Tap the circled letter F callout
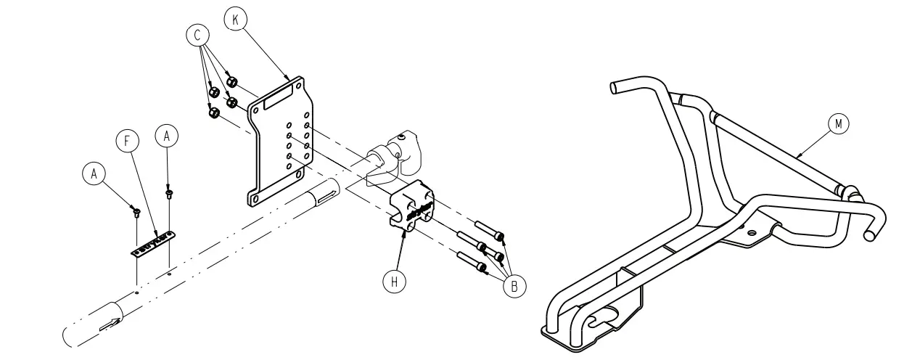click(128, 142)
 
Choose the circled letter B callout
click(514, 286)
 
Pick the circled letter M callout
click(839, 124)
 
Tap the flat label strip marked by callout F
click(154, 242)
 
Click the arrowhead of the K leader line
click(290, 78)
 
